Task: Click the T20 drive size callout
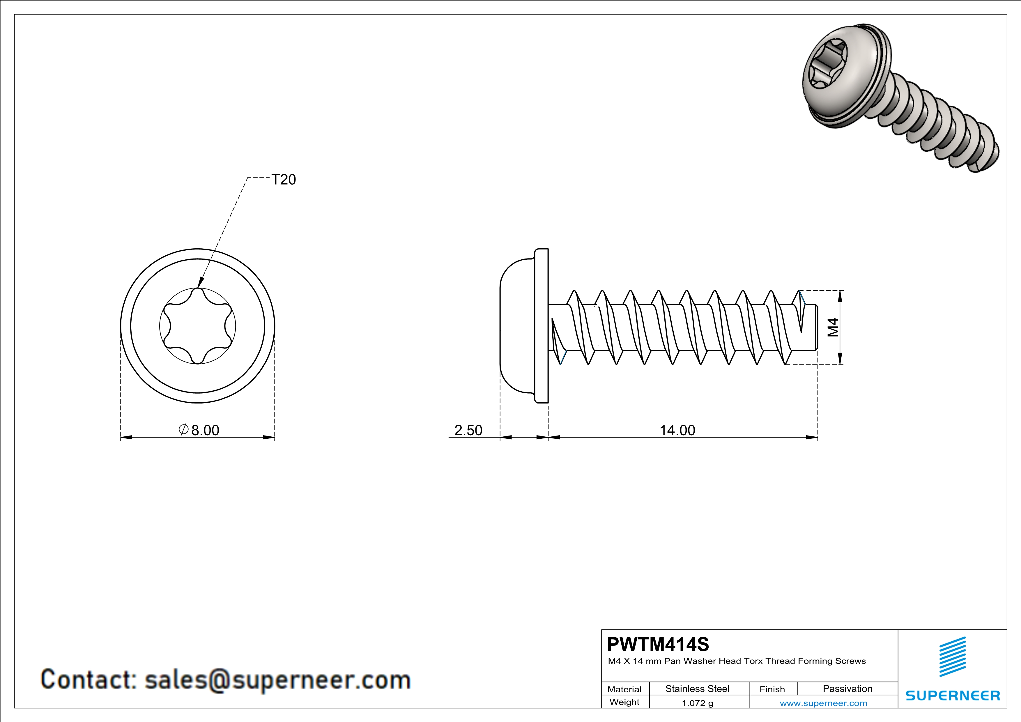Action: (x=283, y=180)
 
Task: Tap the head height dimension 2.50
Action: (x=468, y=430)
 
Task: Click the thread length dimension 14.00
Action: (x=677, y=430)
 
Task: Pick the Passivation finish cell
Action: (x=847, y=689)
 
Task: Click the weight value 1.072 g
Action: (x=697, y=703)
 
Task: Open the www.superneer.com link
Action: (x=823, y=703)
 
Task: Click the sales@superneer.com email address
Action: (x=277, y=680)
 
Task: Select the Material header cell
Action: (x=624, y=689)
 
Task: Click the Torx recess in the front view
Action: (x=197, y=326)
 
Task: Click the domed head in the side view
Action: (x=516, y=326)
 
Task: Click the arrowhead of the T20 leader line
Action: (x=200, y=284)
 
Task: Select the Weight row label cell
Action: (x=624, y=702)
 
